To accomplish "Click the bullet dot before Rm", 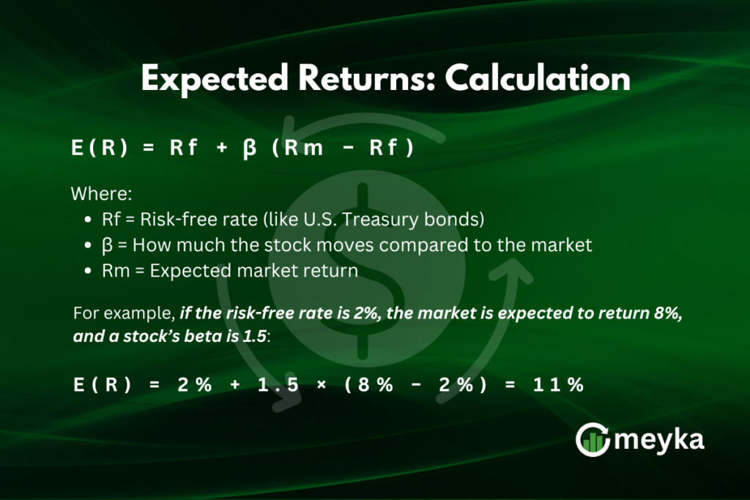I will point(89,271).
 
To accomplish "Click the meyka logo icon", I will point(593,440).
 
